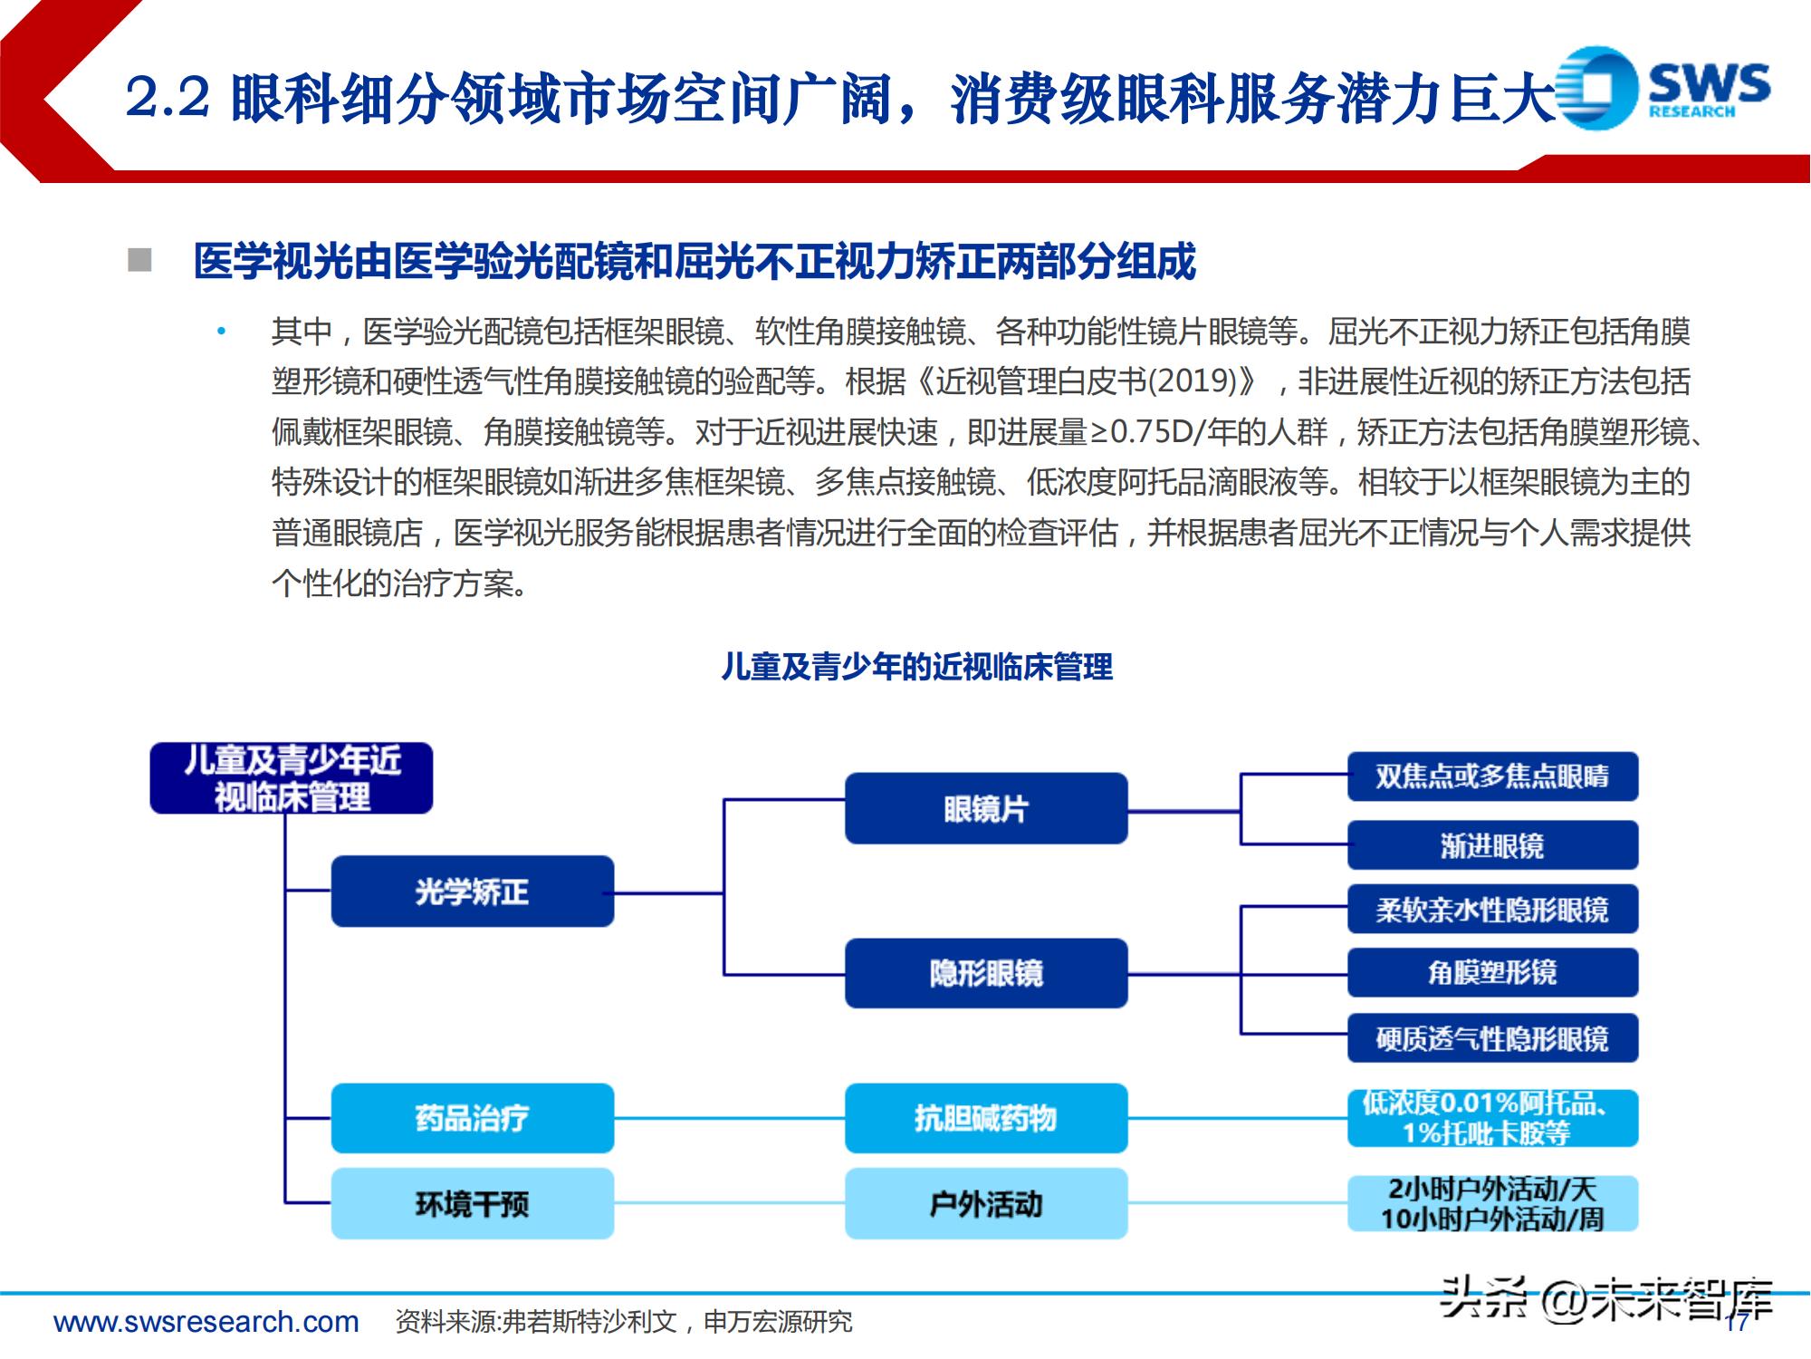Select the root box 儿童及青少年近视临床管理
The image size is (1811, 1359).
(x=291, y=778)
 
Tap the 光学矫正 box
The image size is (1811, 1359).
(x=472, y=892)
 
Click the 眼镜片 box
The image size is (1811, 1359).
(x=985, y=808)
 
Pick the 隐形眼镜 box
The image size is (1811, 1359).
(x=985, y=973)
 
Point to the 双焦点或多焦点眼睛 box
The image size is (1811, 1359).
(x=1492, y=776)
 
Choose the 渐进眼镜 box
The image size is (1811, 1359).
(x=1492, y=845)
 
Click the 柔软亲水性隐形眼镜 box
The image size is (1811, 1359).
(x=1492, y=909)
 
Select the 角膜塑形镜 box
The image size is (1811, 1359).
(x=1492, y=972)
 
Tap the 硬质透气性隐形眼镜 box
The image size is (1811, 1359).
(x=1492, y=1037)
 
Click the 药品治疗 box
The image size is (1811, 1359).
(x=472, y=1118)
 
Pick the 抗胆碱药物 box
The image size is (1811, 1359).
(x=985, y=1118)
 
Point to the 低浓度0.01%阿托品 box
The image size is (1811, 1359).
(x=1492, y=1118)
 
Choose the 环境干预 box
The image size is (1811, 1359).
(x=472, y=1203)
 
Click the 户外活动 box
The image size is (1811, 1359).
(x=985, y=1203)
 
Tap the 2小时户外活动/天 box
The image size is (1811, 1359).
(x=1492, y=1203)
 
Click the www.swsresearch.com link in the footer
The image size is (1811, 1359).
(x=206, y=1322)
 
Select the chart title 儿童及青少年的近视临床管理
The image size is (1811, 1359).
(x=916, y=667)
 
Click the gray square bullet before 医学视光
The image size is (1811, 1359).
(x=139, y=261)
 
